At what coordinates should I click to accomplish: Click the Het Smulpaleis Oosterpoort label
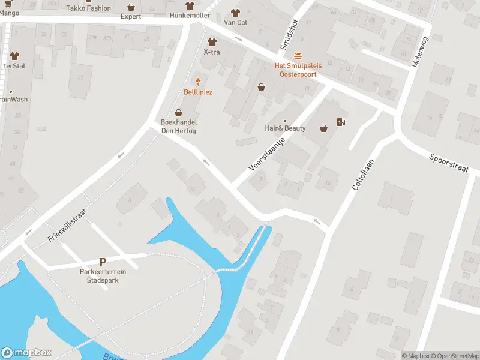[298, 70]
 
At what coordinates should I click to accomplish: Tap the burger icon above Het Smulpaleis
[298, 55]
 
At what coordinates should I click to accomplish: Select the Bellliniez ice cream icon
[198, 82]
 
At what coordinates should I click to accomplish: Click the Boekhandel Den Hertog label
[178, 127]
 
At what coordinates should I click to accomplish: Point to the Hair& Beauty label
[285, 128]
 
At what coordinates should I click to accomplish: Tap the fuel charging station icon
[341, 122]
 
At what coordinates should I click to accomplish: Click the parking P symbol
[103, 262]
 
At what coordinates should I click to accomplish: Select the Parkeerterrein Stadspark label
[103, 275]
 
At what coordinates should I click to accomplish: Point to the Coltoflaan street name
[363, 175]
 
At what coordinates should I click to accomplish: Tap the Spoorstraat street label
[448, 163]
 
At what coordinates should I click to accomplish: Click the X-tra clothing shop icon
[211, 42]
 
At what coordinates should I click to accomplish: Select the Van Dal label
[235, 22]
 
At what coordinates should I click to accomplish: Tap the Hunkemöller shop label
[190, 16]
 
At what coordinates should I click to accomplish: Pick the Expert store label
[131, 16]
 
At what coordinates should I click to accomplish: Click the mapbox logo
[26, 353]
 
